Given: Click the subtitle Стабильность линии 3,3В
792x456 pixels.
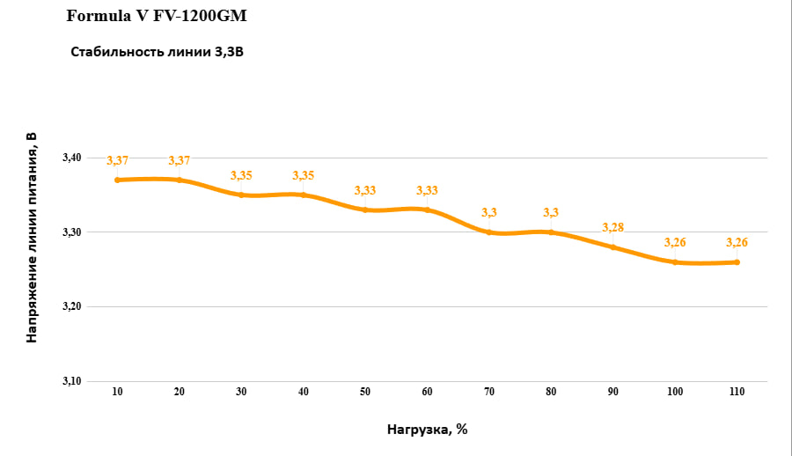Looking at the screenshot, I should point(157,52).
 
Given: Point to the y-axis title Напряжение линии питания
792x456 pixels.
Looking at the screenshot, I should point(32,237).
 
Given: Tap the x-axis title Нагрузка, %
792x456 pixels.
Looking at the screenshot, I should point(427,430).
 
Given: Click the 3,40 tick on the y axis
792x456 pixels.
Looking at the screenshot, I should point(71,158).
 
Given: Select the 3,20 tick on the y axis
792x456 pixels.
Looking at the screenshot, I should point(71,306).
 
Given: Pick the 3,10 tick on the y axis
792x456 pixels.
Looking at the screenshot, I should point(71,381).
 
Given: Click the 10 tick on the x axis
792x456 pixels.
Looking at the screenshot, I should point(117,391).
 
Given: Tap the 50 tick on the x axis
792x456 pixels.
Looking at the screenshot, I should point(365,391).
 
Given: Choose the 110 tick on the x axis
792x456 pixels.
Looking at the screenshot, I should point(737,391).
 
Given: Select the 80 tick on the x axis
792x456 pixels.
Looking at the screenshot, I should point(551,391).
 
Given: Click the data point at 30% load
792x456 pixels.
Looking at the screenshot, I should point(241,195).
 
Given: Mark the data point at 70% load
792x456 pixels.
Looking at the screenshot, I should point(489,232).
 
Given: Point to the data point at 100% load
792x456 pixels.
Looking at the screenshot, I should point(675,262).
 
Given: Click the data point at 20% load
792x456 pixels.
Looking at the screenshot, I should point(180,180).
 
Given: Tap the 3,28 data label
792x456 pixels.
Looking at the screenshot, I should point(613,228).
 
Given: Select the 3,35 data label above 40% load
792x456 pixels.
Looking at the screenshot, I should point(303,176).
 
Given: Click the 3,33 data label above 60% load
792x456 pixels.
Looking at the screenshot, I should point(427,191).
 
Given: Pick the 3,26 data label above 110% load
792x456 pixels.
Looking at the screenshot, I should point(737,243).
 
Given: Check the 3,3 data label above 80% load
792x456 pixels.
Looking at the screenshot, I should point(551,213).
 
